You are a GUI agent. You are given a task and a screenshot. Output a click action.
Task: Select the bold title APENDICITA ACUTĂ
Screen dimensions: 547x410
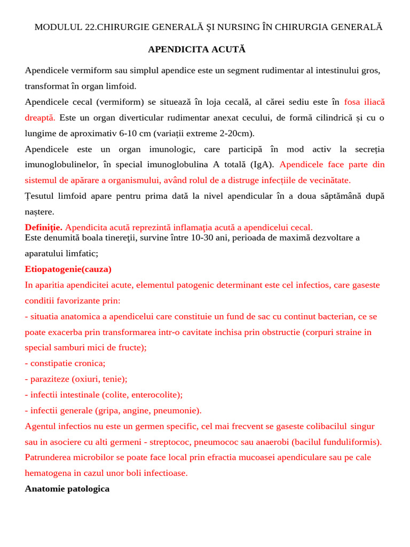tap(196, 49)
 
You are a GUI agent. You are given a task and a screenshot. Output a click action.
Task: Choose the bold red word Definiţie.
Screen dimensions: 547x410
tap(44, 228)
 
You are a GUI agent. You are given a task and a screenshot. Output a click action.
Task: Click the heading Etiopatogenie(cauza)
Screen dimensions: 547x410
tap(68, 269)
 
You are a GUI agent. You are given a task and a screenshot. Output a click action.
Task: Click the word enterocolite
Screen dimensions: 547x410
tap(154, 395)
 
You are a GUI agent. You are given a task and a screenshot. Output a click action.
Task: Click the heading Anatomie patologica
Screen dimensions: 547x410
tap(67, 489)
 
